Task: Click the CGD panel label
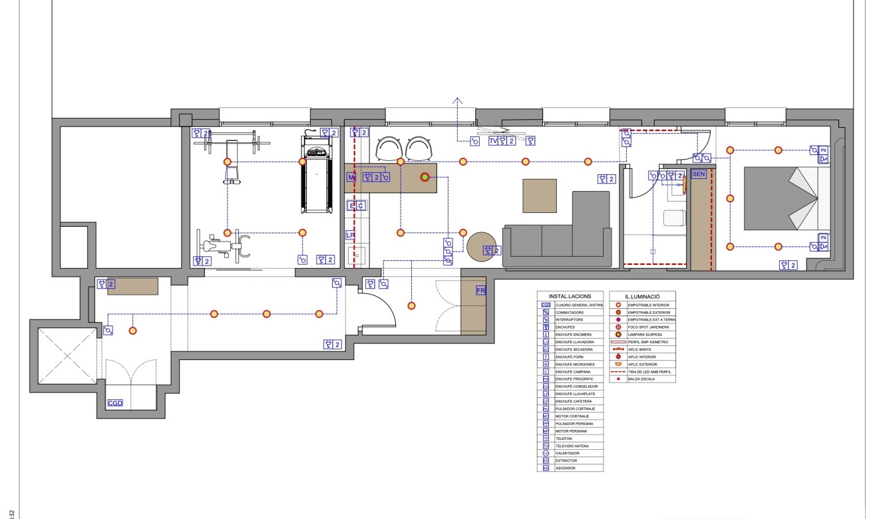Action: coord(115,403)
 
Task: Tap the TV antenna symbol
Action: coord(493,141)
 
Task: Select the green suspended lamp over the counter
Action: coord(424,177)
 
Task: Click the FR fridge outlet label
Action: coord(480,291)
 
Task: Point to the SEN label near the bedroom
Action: coord(698,174)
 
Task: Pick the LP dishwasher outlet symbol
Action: coord(350,235)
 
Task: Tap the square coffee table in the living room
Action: coord(540,195)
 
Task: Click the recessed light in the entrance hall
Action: coord(411,305)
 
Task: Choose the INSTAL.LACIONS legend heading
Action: coord(570,295)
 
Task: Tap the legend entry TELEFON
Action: coord(565,438)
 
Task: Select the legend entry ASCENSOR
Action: coord(566,468)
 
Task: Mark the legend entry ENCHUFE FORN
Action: coord(570,357)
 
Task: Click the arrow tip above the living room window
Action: coord(457,99)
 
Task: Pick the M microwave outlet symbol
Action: coord(351,177)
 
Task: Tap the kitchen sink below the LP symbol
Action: coord(355,255)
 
